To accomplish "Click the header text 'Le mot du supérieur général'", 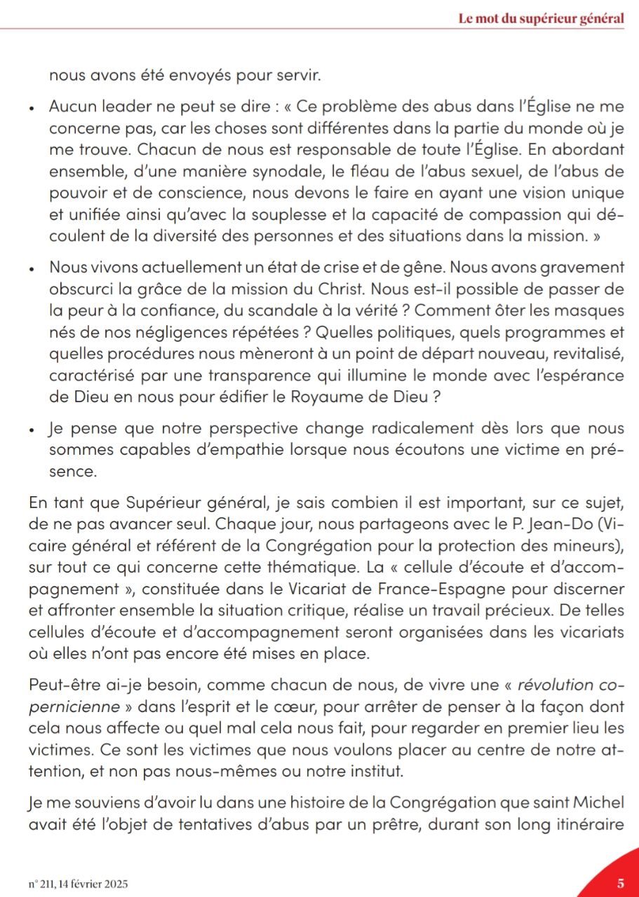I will point(540,19).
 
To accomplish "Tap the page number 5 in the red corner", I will point(621,878).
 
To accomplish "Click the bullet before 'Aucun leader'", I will point(32,110).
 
